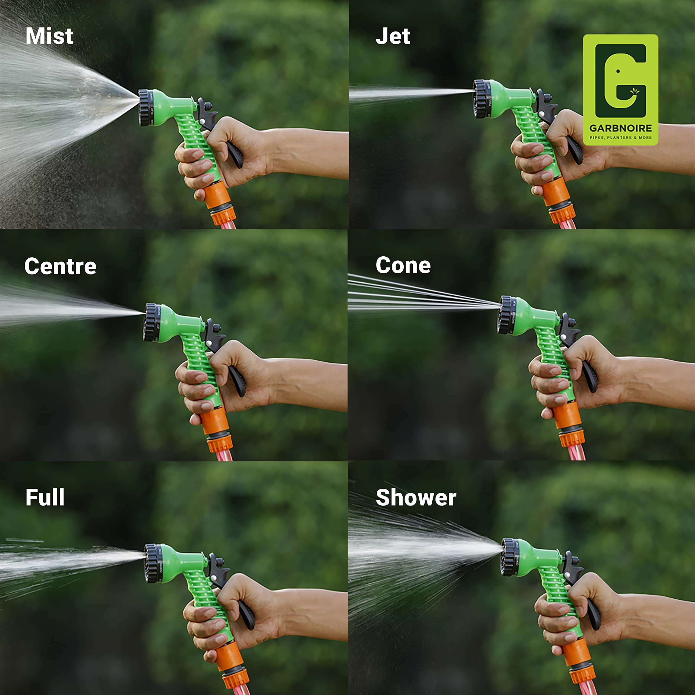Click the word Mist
[49, 36]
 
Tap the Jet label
[393, 36]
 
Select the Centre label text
[61, 267]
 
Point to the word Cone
[403, 266]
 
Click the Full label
[45, 498]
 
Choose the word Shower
[416, 498]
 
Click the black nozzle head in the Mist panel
[146, 108]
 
